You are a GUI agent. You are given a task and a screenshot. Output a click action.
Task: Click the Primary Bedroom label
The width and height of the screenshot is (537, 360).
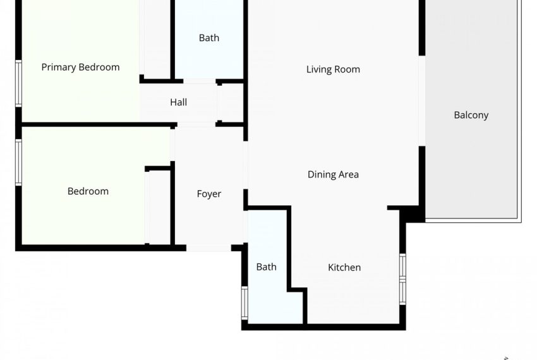tap(80, 67)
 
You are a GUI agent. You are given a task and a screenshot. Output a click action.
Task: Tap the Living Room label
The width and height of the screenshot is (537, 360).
tap(333, 69)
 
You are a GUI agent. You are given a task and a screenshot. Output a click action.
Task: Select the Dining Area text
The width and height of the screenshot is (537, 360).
tap(333, 174)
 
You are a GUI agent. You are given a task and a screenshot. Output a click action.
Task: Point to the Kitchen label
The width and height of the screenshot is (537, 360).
tap(344, 267)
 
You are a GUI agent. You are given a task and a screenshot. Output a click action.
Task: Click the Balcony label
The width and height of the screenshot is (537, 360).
tap(471, 115)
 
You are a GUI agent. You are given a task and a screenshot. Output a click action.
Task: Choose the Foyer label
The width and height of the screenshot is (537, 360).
tap(208, 194)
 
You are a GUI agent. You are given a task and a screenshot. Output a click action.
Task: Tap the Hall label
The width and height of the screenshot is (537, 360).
tap(178, 102)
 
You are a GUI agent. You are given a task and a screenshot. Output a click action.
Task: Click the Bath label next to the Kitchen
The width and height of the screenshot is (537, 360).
tap(266, 267)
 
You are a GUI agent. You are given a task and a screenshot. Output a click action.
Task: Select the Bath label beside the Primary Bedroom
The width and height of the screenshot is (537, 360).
tap(209, 38)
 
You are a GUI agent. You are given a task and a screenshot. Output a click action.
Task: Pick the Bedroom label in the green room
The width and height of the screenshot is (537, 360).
tap(88, 191)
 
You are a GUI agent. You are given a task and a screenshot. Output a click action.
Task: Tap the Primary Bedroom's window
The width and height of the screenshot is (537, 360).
tap(19, 83)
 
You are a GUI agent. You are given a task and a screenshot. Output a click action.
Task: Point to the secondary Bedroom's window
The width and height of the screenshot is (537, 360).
tap(19, 162)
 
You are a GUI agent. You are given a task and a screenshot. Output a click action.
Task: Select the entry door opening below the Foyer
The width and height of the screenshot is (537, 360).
tap(208, 248)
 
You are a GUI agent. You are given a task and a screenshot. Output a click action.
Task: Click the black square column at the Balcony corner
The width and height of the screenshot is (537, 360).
tap(414, 213)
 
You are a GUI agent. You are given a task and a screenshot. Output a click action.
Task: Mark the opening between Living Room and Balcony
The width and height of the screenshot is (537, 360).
tap(421, 102)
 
